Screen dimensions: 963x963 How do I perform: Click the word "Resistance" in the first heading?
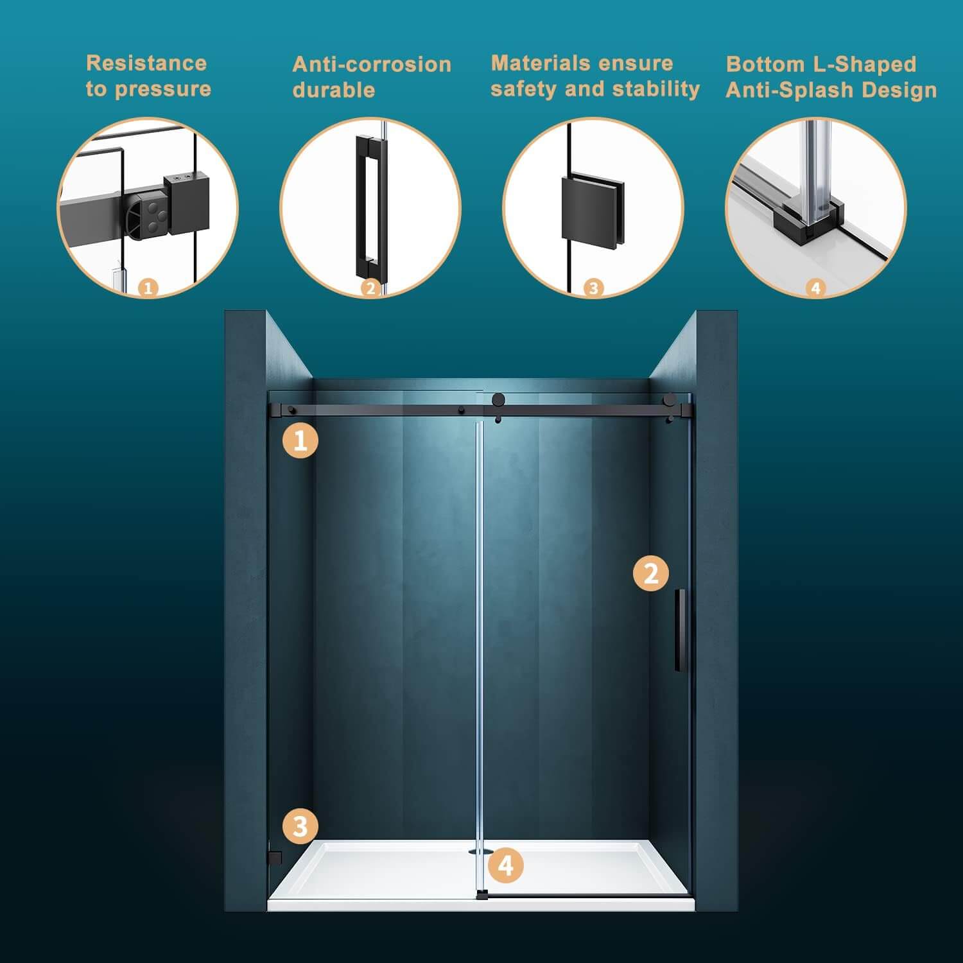[146, 63]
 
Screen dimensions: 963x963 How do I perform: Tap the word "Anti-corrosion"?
[372, 64]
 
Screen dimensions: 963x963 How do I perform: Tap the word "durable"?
[334, 90]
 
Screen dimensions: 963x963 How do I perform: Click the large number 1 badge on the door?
[300, 440]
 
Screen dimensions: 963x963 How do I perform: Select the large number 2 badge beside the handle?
[651, 573]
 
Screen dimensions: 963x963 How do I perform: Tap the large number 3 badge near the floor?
[300, 826]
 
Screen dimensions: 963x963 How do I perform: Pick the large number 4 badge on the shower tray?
[506, 866]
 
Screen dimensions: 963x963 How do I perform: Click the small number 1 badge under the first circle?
[148, 288]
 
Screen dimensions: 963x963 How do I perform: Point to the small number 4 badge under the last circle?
[815, 288]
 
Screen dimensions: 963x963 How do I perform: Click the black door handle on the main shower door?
[679, 630]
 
